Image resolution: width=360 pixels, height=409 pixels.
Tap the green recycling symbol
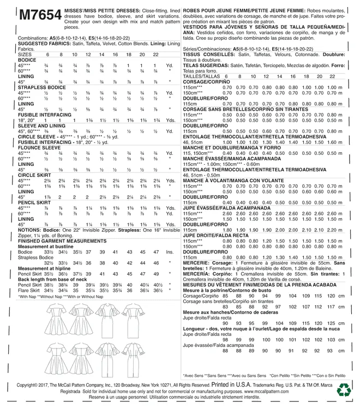pos(345,389)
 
